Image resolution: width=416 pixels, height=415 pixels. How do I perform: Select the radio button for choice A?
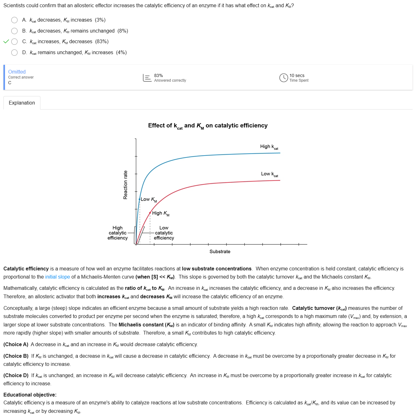(14, 20)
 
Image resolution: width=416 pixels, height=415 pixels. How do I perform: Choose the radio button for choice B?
(14, 31)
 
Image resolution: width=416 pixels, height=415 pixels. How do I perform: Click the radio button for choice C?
(14, 42)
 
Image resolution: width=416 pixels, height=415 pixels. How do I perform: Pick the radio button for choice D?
(14, 53)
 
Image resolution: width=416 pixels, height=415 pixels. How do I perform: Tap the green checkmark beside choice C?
(6, 42)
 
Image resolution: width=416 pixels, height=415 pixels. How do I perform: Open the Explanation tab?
(22, 103)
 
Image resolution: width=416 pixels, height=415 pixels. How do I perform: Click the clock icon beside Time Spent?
(283, 78)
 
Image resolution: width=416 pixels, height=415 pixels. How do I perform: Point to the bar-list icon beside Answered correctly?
(147, 78)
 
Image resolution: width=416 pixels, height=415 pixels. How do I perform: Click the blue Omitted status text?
(17, 72)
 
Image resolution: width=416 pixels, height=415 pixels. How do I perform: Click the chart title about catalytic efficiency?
(208, 126)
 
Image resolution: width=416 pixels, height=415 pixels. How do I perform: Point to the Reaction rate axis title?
(126, 185)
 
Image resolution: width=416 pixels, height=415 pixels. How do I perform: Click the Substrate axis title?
(220, 252)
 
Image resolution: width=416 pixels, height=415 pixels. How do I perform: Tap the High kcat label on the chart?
(269, 147)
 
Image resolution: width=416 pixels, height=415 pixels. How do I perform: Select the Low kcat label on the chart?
(269, 174)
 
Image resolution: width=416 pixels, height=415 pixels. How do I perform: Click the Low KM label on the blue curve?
(149, 199)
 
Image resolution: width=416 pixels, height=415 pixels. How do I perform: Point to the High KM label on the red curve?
(161, 213)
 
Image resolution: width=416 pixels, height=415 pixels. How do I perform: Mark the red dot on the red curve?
(150, 213)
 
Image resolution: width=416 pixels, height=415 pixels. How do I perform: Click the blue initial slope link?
(58, 277)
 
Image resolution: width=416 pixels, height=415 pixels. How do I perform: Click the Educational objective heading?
(30, 395)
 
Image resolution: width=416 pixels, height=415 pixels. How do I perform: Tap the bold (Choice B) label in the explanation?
(16, 356)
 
